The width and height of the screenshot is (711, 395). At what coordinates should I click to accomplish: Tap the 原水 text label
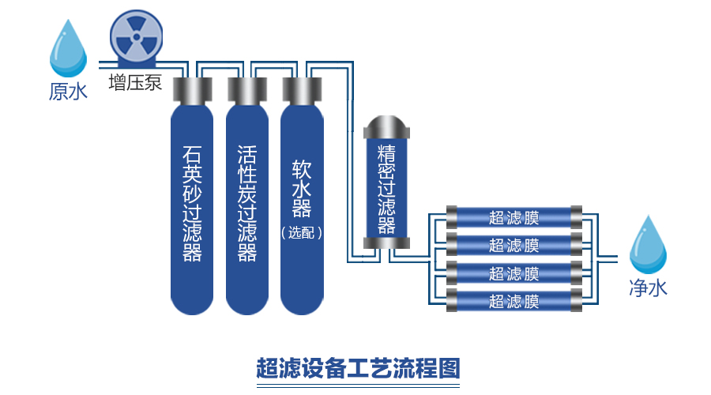coord(68,92)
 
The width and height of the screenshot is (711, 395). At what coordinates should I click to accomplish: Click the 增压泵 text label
coord(135,82)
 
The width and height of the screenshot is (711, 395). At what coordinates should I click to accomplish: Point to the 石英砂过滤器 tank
coord(192,205)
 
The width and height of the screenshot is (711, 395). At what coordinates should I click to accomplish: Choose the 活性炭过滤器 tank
coord(247,205)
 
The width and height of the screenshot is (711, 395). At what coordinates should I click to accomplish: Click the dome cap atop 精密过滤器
coord(386,126)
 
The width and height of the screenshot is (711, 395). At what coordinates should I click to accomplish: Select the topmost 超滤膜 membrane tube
coord(514,216)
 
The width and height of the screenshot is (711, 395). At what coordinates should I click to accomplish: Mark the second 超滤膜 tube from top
coord(514,244)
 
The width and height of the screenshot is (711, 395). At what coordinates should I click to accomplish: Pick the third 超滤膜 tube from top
coord(514,273)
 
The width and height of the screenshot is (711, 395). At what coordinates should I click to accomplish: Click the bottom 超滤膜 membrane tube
coord(514,301)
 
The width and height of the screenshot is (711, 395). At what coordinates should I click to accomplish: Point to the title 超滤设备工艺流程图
coord(357,367)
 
